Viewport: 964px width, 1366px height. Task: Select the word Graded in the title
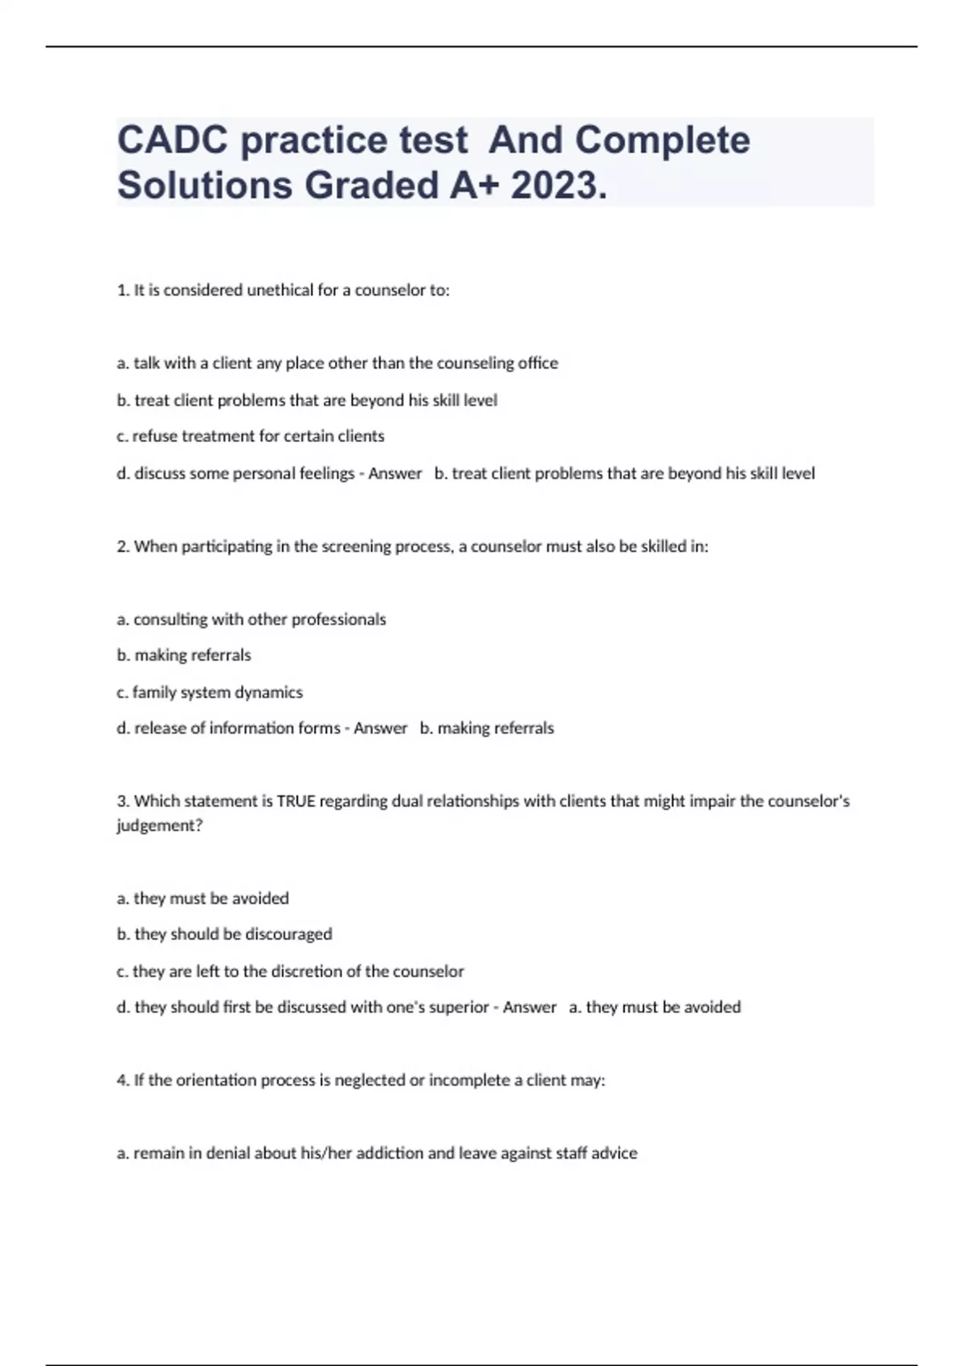tap(372, 186)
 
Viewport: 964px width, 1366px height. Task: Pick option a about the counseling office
tap(337, 363)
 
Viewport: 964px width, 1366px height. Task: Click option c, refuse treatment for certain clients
tap(251, 436)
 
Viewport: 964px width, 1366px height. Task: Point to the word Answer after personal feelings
tap(394, 473)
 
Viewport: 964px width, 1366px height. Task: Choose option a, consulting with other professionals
tap(251, 620)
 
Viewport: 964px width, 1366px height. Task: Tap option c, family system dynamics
tap(210, 692)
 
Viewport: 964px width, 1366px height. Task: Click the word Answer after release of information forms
tap(380, 728)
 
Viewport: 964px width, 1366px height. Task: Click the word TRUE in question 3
tap(296, 801)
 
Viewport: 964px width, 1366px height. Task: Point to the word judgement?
tap(159, 826)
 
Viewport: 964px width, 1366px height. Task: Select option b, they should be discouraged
tap(224, 934)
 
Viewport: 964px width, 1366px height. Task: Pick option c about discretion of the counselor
tap(290, 971)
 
